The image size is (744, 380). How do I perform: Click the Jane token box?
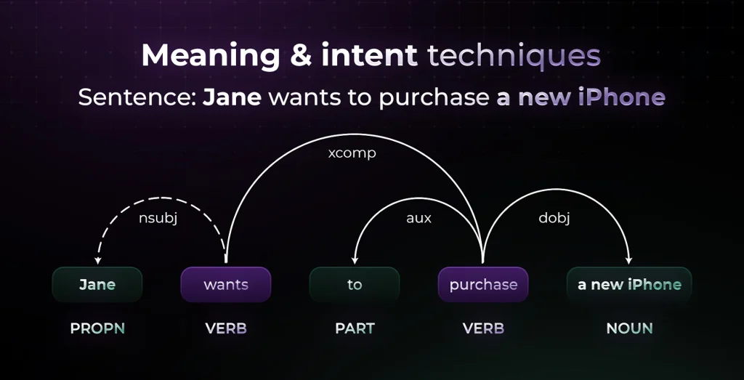(97, 285)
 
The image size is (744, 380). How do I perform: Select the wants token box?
(226, 285)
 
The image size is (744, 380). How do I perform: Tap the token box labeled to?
(355, 285)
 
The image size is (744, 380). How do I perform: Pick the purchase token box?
(483, 285)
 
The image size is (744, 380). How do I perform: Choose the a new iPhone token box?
(629, 285)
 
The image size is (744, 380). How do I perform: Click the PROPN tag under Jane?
(97, 328)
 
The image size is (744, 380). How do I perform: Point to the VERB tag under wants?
(226, 328)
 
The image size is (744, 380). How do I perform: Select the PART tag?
(355, 328)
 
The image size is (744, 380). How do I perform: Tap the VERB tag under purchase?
(483, 328)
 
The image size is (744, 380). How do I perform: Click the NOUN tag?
(629, 328)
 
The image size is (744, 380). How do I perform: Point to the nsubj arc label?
(158, 218)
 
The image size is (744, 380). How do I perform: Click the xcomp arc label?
(352, 154)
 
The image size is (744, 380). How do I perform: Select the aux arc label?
(418, 218)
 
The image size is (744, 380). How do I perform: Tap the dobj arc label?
(553, 218)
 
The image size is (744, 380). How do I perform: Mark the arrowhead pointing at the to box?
(355, 260)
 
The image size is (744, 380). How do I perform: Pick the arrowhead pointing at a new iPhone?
(629, 260)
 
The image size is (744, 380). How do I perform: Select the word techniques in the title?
(514, 56)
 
